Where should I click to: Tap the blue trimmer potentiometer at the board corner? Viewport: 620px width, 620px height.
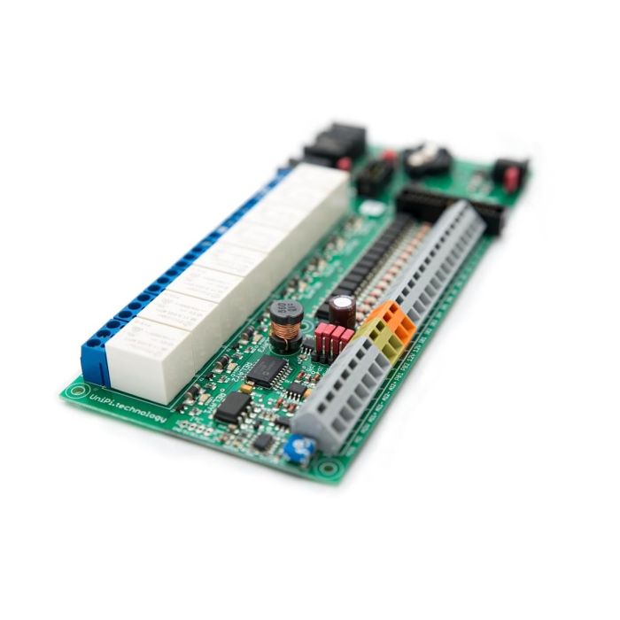(x=298, y=450)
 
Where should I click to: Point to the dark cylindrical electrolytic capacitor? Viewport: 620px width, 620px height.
(x=342, y=310)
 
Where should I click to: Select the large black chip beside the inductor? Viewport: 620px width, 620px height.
(x=267, y=370)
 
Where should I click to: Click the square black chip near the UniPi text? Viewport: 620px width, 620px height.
(x=232, y=407)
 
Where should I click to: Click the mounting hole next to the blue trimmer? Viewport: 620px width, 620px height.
(x=329, y=466)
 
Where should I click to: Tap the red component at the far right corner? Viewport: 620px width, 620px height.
(x=510, y=174)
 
